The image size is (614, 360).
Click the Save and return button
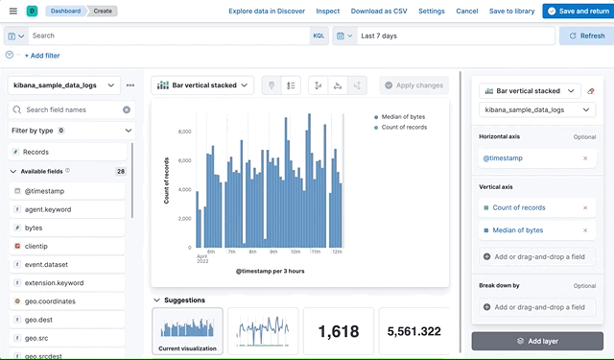[x=577, y=11]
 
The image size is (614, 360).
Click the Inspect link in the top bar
[x=327, y=11]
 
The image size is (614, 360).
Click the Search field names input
[x=72, y=109]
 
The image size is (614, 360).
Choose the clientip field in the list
[x=36, y=246]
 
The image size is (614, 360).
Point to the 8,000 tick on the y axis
[x=179, y=132]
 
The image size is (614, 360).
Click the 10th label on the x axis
[x=294, y=252]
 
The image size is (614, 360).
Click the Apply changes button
[x=413, y=85]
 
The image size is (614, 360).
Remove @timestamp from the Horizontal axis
[x=585, y=157]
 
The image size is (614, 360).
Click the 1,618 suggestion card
[x=338, y=331]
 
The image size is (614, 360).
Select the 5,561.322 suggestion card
[x=413, y=331]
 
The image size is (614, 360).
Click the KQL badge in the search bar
[x=319, y=36]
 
